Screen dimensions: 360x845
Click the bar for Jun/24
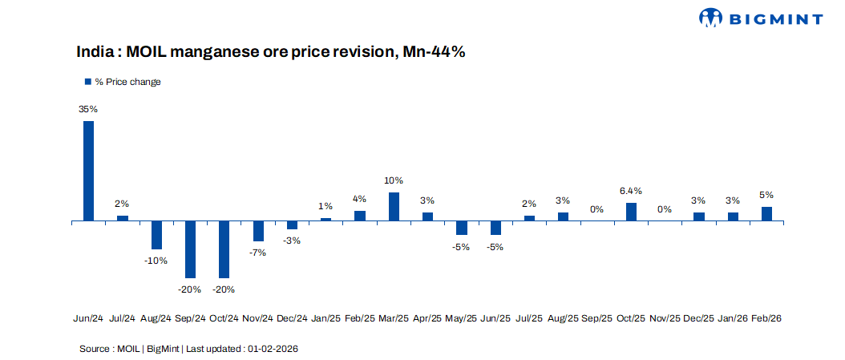[88, 170]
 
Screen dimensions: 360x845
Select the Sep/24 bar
[191, 249]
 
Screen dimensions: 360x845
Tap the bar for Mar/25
[394, 206]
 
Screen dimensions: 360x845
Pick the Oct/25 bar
[631, 211]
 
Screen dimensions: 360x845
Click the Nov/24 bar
[258, 230]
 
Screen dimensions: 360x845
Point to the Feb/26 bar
[766, 213]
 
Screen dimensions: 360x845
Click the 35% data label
[88, 109]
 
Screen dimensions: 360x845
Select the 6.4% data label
[631, 191]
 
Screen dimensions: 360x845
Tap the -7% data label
[258, 253]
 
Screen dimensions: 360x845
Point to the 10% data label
[394, 180]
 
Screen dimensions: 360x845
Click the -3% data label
[292, 241]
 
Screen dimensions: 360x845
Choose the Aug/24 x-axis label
[156, 318]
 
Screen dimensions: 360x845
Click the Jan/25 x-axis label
[326, 318]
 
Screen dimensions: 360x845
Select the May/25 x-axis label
[461, 318]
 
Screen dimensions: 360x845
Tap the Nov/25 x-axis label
[665, 318]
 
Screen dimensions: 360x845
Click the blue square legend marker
[88, 82]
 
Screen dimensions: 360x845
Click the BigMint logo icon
[711, 18]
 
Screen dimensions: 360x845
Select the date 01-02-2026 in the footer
[273, 349]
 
